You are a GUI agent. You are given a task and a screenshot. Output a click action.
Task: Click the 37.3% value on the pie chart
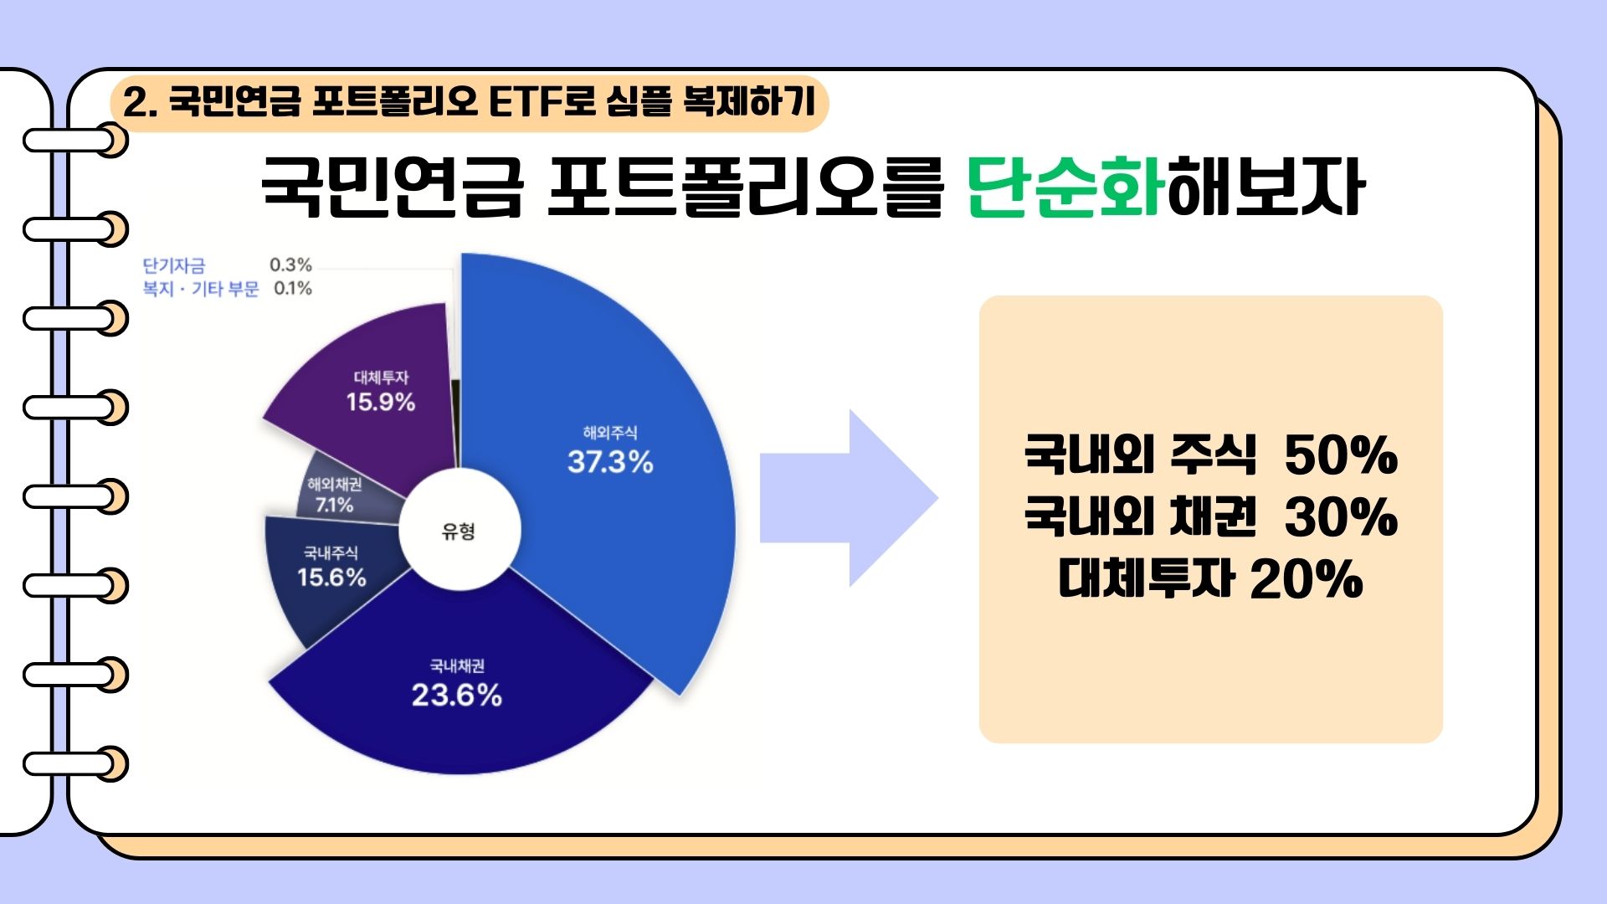[x=610, y=462]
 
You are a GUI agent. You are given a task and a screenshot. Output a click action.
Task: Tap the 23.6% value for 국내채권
[x=456, y=695]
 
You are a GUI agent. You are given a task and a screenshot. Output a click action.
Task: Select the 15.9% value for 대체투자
[x=381, y=402]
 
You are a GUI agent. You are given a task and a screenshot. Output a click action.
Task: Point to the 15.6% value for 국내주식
[x=331, y=578]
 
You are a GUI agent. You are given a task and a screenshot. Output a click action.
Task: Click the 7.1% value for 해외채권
[x=334, y=505]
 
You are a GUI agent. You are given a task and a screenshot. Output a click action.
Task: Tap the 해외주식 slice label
[x=610, y=433]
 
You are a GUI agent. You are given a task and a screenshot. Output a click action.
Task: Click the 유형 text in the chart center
[x=459, y=531]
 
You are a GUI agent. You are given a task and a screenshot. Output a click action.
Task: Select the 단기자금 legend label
[x=173, y=265]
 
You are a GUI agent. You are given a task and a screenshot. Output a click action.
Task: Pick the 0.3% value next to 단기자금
[x=290, y=265]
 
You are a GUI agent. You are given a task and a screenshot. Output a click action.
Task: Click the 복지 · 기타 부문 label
[x=201, y=289]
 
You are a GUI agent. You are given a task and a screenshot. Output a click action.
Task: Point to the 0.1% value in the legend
[x=293, y=289]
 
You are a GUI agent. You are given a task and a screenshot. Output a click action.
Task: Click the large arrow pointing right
[x=849, y=498]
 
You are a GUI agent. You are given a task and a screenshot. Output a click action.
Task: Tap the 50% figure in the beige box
[x=1341, y=455]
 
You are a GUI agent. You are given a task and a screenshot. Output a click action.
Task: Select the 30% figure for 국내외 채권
[x=1341, y=516]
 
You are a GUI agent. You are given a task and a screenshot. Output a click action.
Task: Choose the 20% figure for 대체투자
[x=1307, y=578]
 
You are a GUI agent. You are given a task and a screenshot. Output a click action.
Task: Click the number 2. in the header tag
[x=141, y=103]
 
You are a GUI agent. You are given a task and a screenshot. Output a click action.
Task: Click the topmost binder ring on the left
[x=75, y=140]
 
